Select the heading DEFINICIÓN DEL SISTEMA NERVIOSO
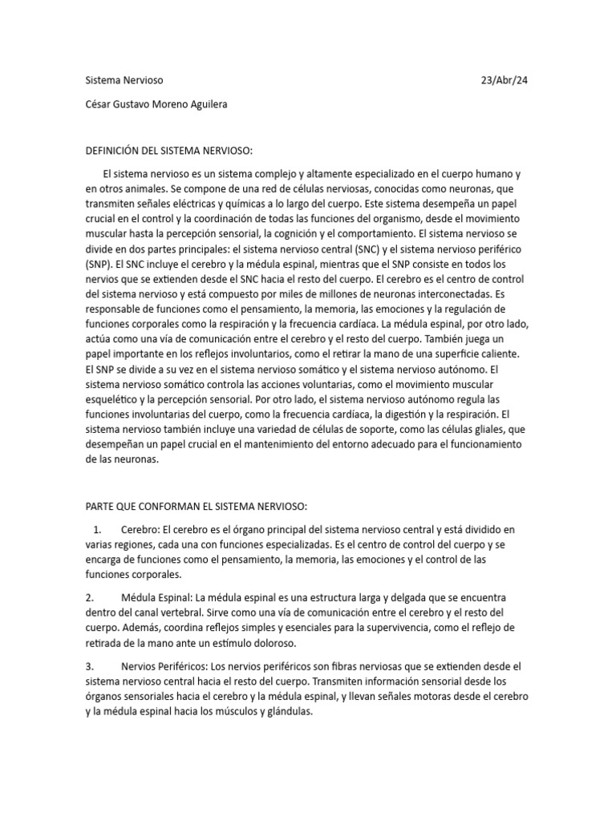pos(169,151)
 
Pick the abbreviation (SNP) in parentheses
pos(100,263)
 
